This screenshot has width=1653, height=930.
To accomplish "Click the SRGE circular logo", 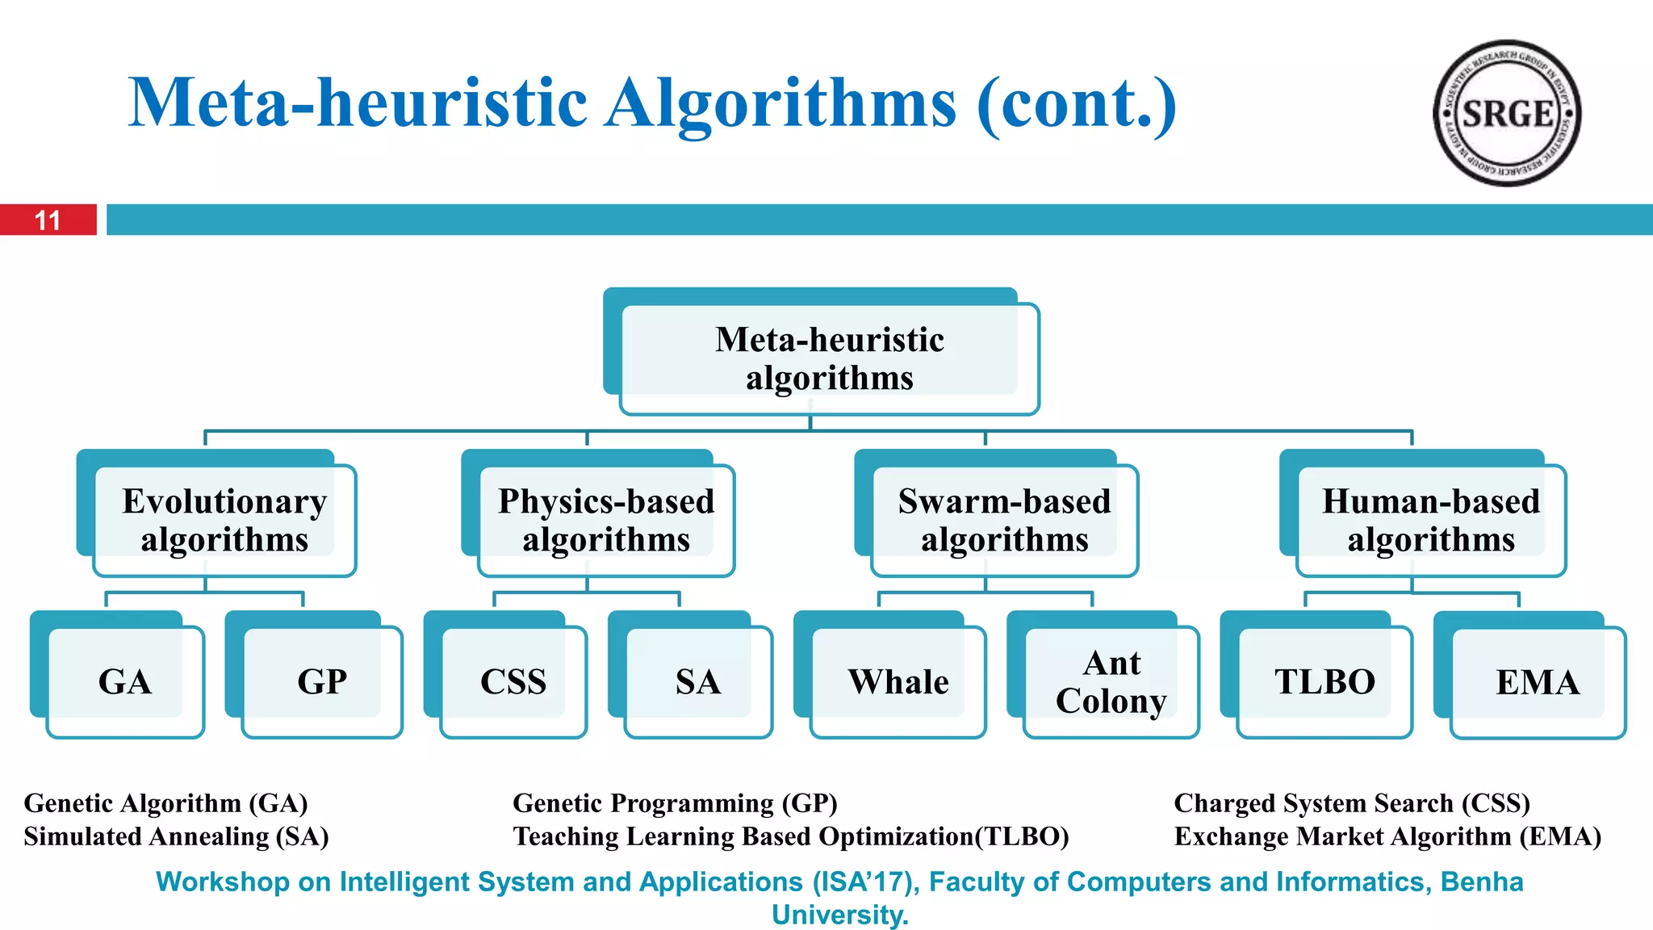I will [1506, 113].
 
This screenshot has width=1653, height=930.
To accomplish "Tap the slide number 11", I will [48, 220].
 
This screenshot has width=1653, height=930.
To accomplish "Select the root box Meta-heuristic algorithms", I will [829, 358].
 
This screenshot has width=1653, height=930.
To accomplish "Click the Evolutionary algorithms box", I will [224, 520].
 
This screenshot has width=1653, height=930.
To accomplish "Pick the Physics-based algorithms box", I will [606, 520].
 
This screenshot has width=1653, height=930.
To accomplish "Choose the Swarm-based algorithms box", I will [1004, 520].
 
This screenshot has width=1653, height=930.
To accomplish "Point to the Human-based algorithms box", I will [1430, 520].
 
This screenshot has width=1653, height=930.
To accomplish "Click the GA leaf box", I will [125, 681].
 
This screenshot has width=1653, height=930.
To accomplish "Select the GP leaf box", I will [322, 681].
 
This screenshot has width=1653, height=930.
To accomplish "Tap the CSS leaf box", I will [513, 681].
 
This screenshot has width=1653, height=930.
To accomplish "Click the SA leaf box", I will [698, 681].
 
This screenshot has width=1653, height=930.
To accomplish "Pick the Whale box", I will [898, 681].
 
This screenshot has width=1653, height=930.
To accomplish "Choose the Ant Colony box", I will [1111, 681].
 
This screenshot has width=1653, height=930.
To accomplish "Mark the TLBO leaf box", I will [1324, 681].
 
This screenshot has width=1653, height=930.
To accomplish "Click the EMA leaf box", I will [1538, 682].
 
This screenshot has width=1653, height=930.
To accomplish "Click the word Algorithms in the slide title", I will [780, 103].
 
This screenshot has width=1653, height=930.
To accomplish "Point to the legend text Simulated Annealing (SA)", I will [176, 836].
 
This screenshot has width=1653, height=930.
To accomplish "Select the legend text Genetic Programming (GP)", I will [675, 803].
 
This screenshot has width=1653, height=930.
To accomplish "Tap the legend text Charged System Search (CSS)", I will [1352, 803].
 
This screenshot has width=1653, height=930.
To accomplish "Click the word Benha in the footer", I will [1482, 882].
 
